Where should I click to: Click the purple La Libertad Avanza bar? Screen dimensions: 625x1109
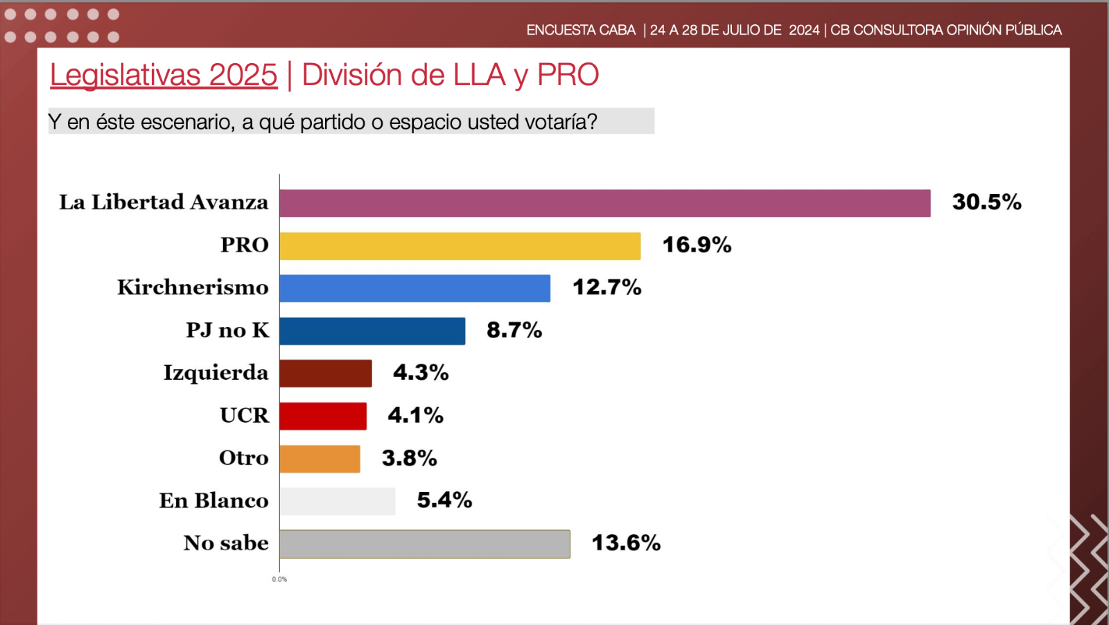tap(604, 203)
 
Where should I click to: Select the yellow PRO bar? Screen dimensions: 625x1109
tap(460, 246)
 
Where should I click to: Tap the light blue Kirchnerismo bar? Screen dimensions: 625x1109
tap(414, 288)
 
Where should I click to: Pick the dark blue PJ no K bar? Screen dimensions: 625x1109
tap(372, 331)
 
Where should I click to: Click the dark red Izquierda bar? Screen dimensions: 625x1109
tap(326, 373)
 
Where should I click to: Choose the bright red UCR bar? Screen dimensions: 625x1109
tap(323, 416)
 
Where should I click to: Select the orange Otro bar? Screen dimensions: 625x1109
tap(320, 459)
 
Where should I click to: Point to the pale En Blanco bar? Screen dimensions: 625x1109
tap(338, 501)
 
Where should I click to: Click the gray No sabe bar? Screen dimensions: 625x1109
tap(425, 544)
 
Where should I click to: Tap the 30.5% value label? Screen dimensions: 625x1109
tap(986, 202)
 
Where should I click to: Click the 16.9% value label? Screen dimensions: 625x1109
tap(697, 245)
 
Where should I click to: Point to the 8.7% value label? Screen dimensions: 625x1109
tap(514, 331)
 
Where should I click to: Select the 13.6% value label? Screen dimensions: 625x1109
tap(626, 543)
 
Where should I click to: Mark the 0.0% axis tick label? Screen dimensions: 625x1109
tap(279, 579)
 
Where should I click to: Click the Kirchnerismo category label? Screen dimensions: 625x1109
tap(193, 288)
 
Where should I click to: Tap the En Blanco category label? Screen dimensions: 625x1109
tap(213, 501)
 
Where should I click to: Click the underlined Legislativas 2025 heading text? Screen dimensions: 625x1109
tap(164, 75)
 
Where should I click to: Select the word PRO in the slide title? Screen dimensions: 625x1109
tap(568, 75)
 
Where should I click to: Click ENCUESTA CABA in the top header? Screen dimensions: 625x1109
tap(581, 30)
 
